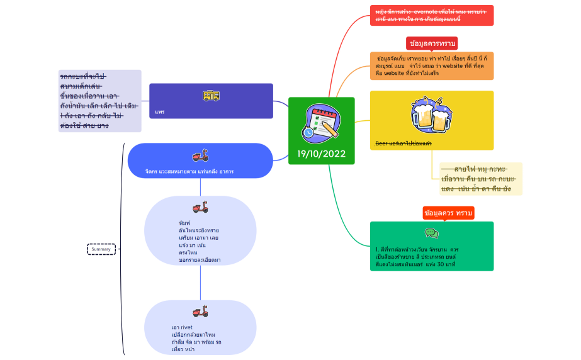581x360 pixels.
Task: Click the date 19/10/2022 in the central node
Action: pyautogui.click(x=321, y=154)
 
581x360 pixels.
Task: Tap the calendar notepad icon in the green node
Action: pyautogui.click(x=321, y=123)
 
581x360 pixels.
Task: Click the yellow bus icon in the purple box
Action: pyautogui.click(x=211, y=96)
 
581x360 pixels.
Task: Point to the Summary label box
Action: pyautogui.click(x=101, y=249)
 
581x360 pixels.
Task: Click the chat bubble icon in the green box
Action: pyautogui.click(x=431, y=233)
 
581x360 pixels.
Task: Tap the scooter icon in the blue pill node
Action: pyautogui.click(x=200, y=156)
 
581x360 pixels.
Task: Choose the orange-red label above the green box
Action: pyautogui.click(x=448, y=213)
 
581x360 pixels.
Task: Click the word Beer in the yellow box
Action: pyautogui.click(x=381, y=143)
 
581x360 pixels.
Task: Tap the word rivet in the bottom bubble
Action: pyautogui.click(x=186, y=327)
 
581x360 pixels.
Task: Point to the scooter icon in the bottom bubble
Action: pyautogui.click(x=200, y=312)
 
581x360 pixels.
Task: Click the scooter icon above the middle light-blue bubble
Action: pyautogui.click(x=200, y=208)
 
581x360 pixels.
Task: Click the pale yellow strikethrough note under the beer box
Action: pyautogui.click(x=480, y=179)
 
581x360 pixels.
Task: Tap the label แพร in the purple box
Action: pyautogui.click(x=160, y=112)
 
